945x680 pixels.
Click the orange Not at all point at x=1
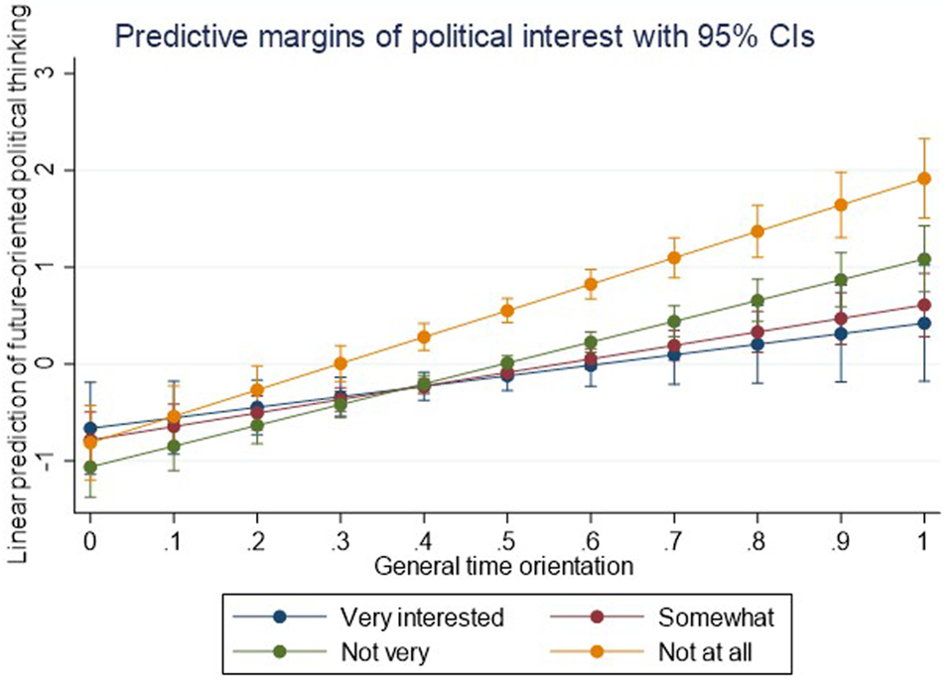pyautogui.click(x=924, y=179)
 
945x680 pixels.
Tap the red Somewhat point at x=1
pyautogui.click(x=924, y=306)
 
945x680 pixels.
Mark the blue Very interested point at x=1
pyautogui.click(x=924, y=324)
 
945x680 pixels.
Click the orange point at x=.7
pyautogui.click(x=674, y=258)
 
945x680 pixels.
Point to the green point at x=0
pyautogui.click(x=90, y=467)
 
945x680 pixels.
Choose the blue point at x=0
pyautogui.click(x=90, y=429)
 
